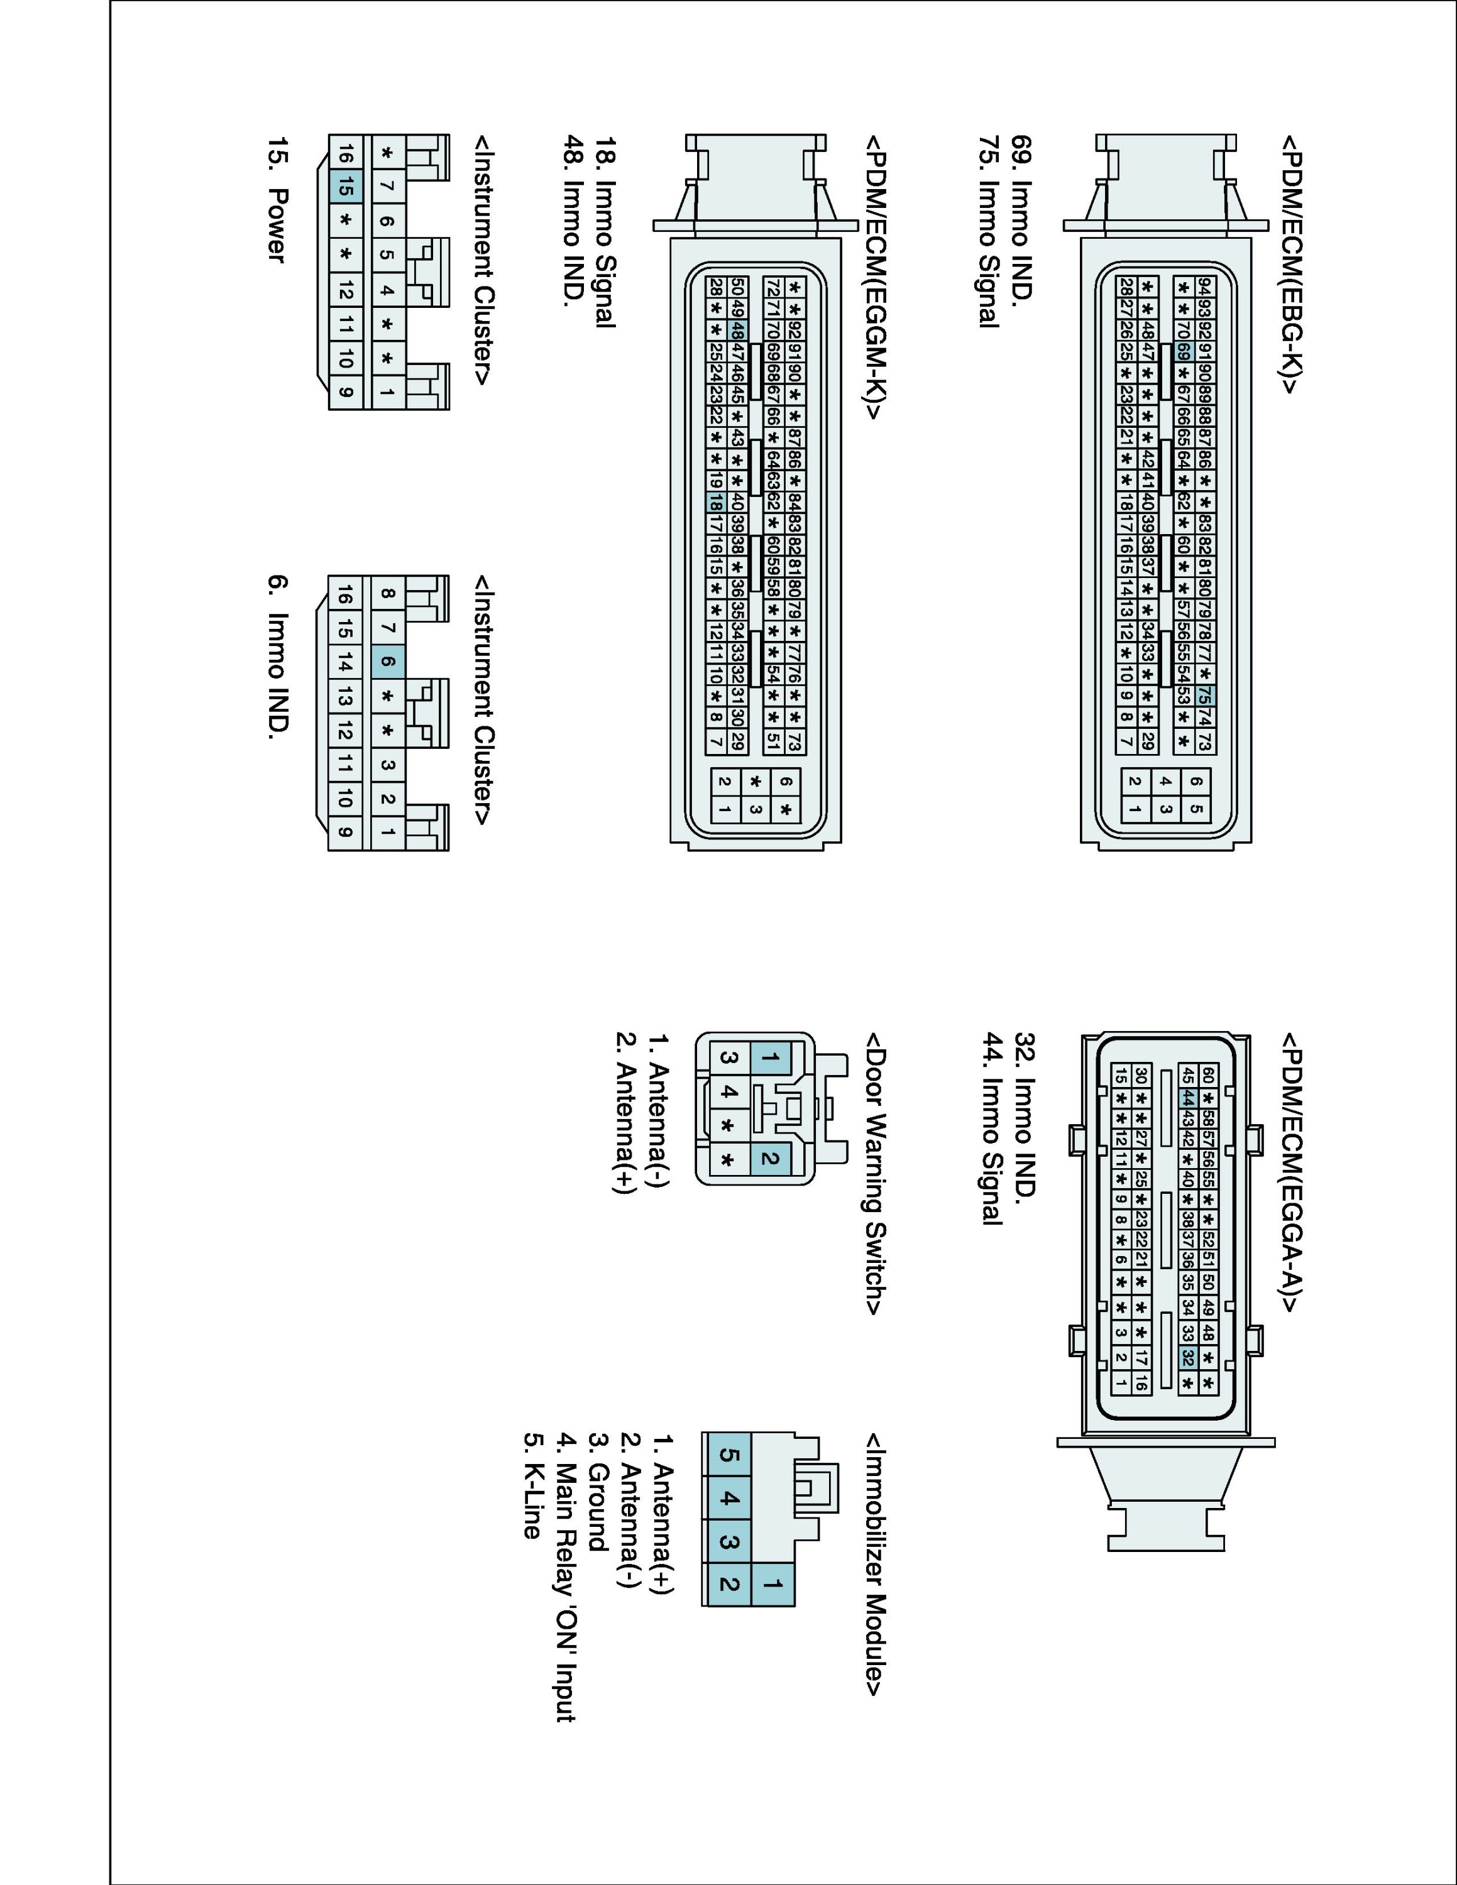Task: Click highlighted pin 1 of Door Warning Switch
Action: (x=771, y=1058)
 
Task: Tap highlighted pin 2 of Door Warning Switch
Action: (x=771, y=1158)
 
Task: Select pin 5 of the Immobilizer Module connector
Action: (x=728, y=1455)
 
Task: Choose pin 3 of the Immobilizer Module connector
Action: (x=728, y=1541)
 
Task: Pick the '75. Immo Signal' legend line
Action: (x=990, y=231)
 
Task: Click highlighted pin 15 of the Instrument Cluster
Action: (x=344, y=185)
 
